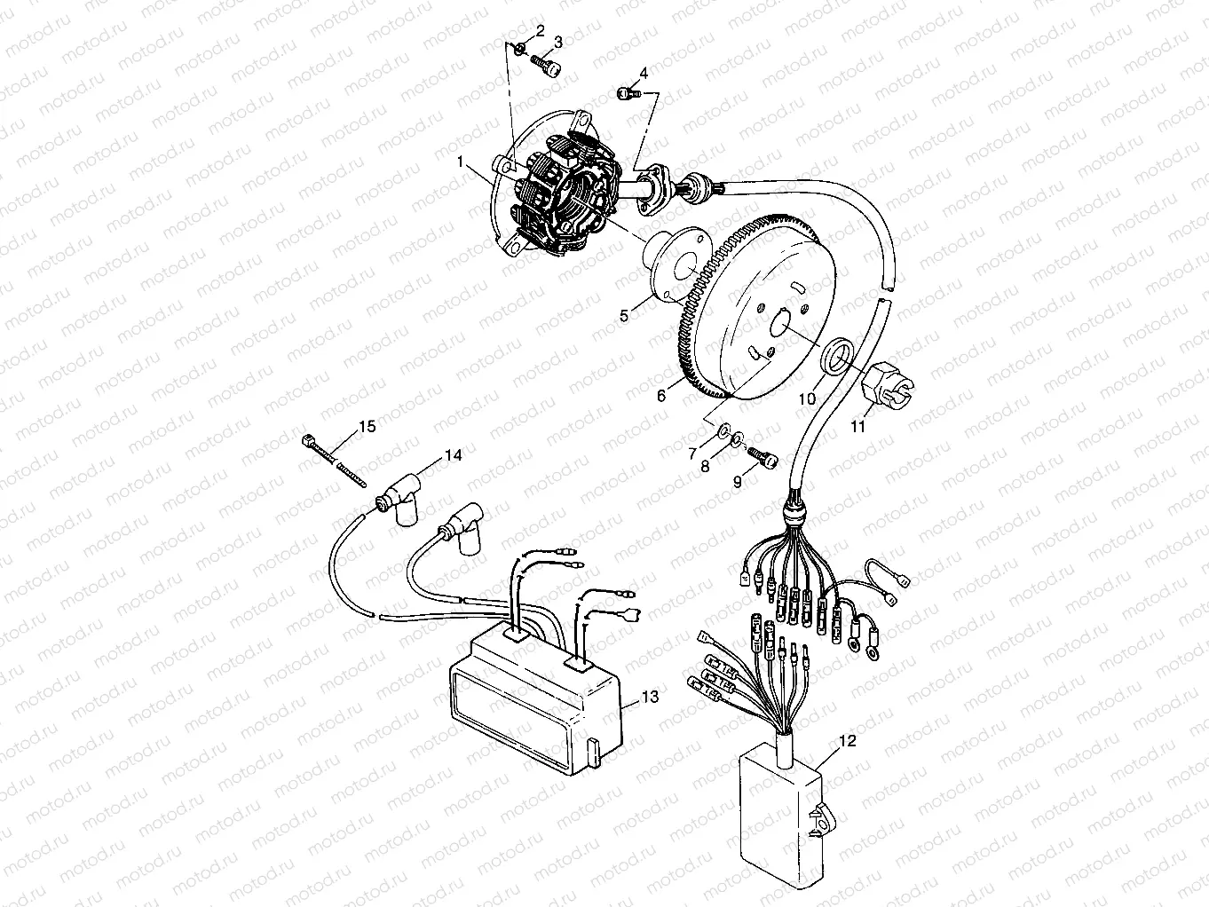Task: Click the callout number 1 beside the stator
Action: click(461, 162)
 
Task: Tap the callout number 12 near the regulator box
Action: click(847, 741)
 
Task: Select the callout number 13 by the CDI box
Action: click(651, 698)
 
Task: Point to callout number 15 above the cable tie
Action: click(367, 427)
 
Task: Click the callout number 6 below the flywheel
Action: click(661, 397)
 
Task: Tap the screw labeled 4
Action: click(628, 92)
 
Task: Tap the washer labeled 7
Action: click(723, 431)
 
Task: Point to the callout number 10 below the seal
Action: click(806, 399)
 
